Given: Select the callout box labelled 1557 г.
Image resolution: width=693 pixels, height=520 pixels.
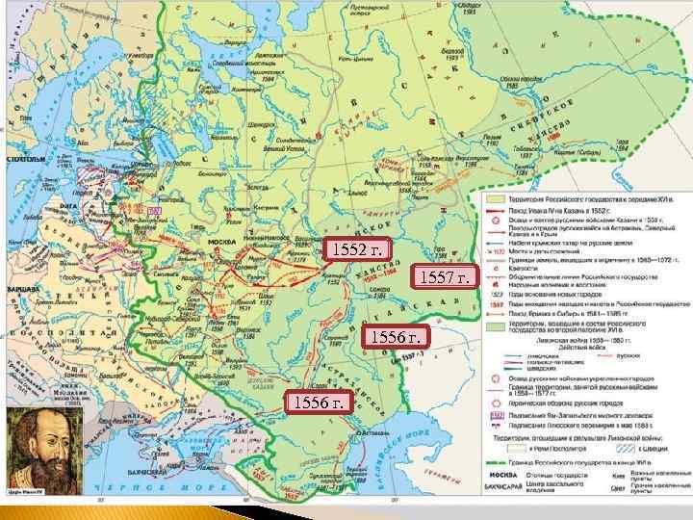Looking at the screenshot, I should click(445, 279).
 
